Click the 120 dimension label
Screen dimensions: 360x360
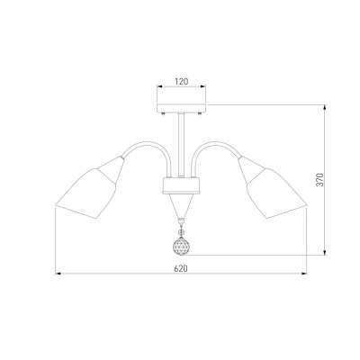tap(182, 81)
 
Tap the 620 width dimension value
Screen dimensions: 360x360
tap(181, 268)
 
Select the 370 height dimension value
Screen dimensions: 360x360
tap(320, 179)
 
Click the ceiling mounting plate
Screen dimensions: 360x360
tap(182, 108)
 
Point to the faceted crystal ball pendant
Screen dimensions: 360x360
tap(181, 246)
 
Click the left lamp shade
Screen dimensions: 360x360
tap(90, 187)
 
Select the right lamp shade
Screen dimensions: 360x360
tap(272, 187)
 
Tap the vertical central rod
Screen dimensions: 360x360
tap(181, 145)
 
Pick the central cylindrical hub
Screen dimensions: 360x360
tap(181, 185)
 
